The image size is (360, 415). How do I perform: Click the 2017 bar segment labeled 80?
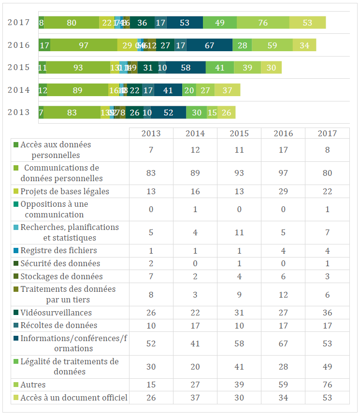(x=72, y=23)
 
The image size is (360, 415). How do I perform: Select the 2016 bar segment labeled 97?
(x=84, y=45)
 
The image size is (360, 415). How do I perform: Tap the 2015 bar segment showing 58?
(x=186, y=68)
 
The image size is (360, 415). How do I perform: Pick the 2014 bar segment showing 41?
(x=168, y=90)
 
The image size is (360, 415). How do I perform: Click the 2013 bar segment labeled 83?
(x=72, y=113)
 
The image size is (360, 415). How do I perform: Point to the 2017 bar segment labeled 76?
(x=263, y=23)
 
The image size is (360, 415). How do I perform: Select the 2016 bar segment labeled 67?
(x=209, y=45)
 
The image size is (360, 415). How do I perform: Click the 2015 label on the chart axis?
(x=19, y=68)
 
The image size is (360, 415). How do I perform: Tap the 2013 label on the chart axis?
(x=19, y=113)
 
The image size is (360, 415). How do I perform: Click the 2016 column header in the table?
(x=283, y=133)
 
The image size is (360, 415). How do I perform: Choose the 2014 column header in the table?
(x=195, y=133)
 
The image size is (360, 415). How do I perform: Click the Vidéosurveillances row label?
(x=56, y=313)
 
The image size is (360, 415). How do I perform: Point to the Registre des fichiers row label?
(x=58, y=250)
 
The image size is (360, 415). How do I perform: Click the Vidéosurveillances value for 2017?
(x=327, y=313)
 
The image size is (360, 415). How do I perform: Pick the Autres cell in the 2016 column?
(x=283, y=385)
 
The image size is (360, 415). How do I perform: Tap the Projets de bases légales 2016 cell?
(x=283, y=191)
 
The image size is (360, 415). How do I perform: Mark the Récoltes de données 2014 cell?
(x=195, y=325)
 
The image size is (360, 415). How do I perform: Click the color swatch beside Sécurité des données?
(x=16, y=264)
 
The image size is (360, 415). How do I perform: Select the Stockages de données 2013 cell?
(x=151, y=276)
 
